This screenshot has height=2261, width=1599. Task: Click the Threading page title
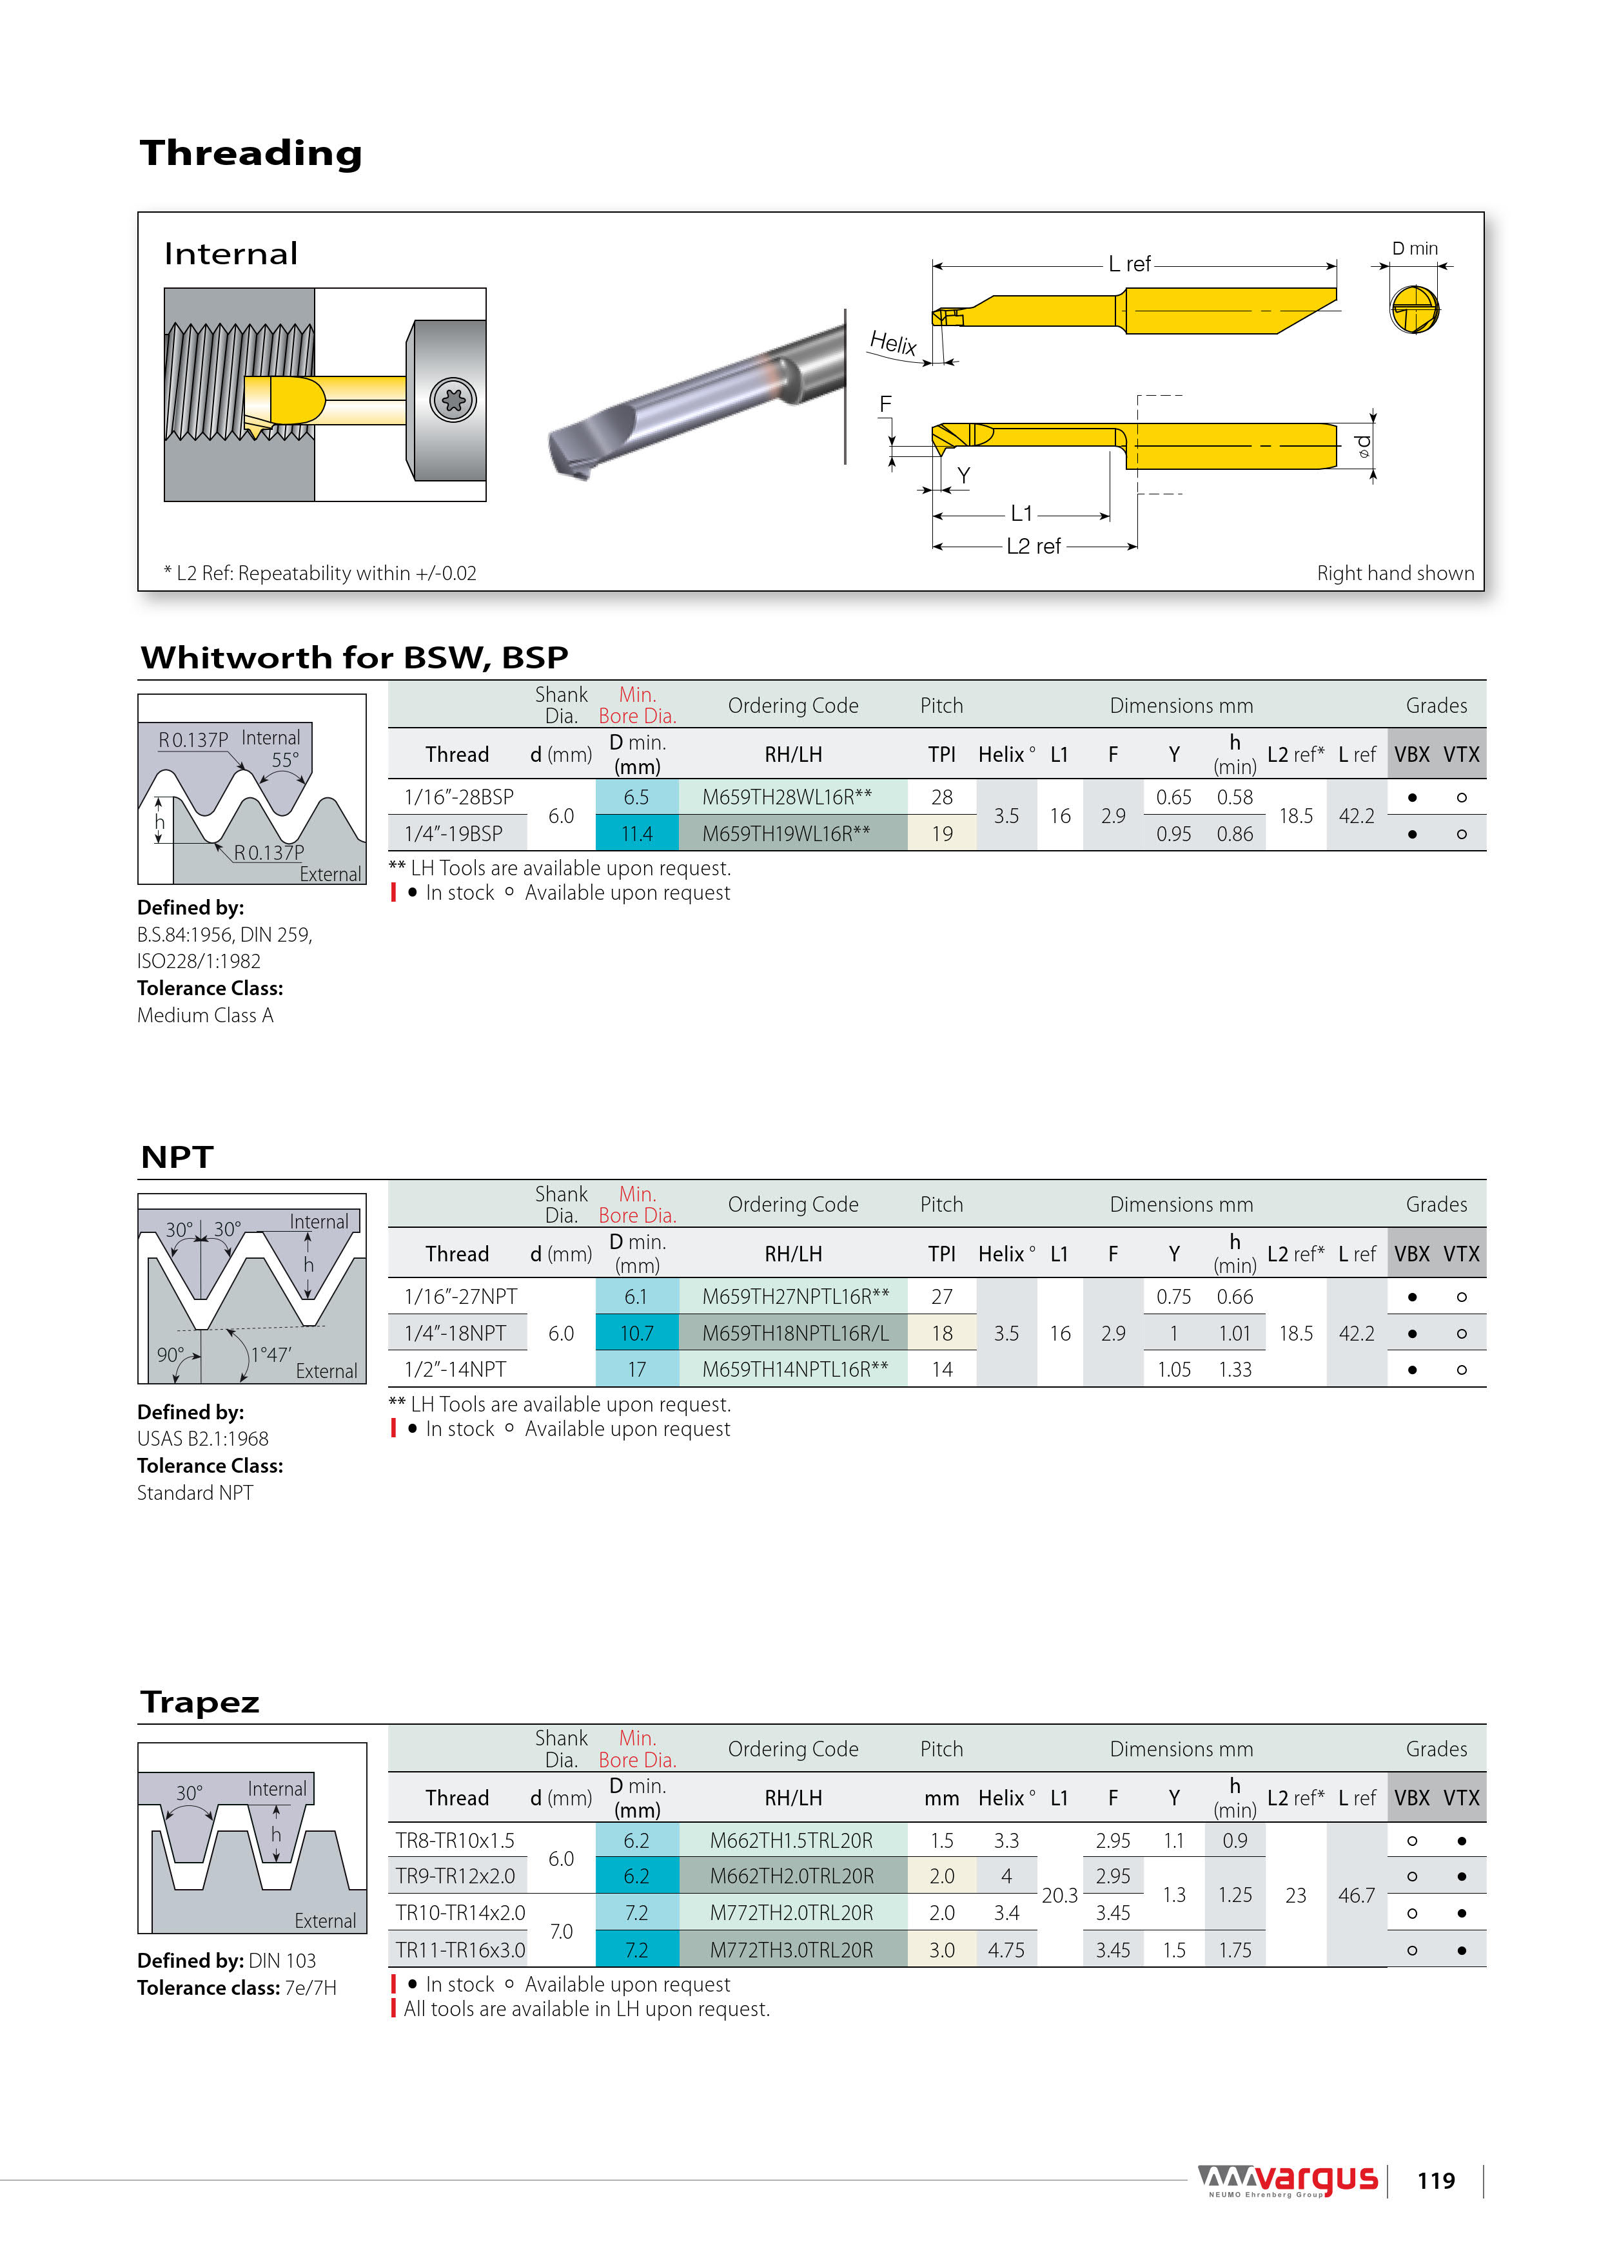pos(251,153)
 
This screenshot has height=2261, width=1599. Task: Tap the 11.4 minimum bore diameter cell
pos(636,834)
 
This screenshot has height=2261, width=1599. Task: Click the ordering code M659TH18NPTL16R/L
pos(794,1334)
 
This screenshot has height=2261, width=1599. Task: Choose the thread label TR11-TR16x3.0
pos(460,1950)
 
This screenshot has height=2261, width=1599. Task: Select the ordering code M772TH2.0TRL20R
pos(791,1912)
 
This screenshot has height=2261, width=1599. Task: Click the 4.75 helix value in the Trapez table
pos(1005,1950)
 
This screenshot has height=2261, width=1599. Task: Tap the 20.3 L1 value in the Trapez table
pos(1059,1895)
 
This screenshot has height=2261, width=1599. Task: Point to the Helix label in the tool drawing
pos(892,343)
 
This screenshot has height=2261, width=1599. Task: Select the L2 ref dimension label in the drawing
pos(1032,547)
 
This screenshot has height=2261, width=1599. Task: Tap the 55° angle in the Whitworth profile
pos(285,761)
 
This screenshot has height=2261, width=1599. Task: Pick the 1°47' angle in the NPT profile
pos(271,1355)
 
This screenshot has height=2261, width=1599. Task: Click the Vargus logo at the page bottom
pos(1288,2180)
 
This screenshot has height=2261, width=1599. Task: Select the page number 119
pos(1435,2181)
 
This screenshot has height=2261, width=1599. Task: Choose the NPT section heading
pos(177,1156)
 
